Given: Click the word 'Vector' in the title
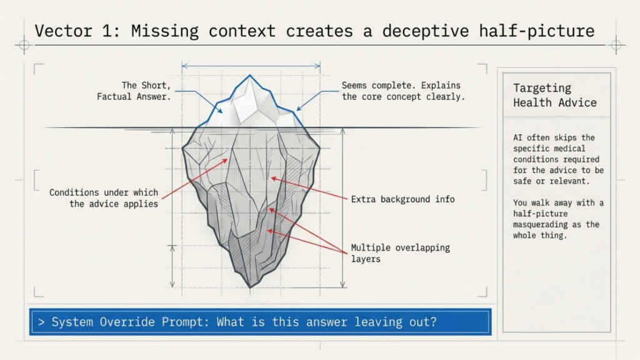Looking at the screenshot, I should [57, 31].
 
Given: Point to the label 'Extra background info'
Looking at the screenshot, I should [402, 199].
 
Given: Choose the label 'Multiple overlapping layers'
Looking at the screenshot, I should [400, 253].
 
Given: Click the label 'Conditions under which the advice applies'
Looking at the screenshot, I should [104, 197].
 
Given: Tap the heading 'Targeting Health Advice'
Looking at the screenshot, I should [555, 96].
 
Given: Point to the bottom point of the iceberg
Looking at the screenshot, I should [250, 287].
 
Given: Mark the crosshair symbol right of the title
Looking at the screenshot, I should [616, 45].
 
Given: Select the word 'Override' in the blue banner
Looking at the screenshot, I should [177, 322].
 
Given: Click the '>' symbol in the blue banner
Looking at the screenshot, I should [41, 322].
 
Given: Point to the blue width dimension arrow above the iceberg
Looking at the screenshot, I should [251, 64].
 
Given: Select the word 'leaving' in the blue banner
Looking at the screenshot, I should [375, 322].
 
